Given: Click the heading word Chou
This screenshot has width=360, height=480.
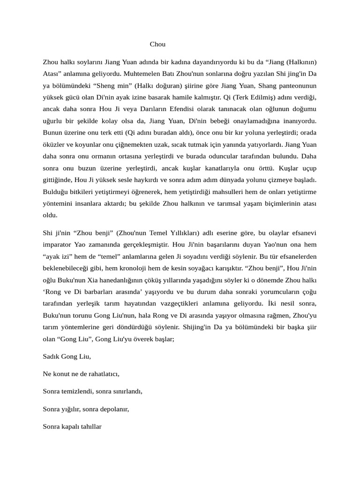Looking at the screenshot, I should point(157,45).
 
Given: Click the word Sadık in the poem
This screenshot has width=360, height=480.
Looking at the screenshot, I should point(52,356).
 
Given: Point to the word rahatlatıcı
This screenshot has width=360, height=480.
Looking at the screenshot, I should point(100,374).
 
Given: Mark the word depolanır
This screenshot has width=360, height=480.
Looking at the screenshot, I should point(112,409).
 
